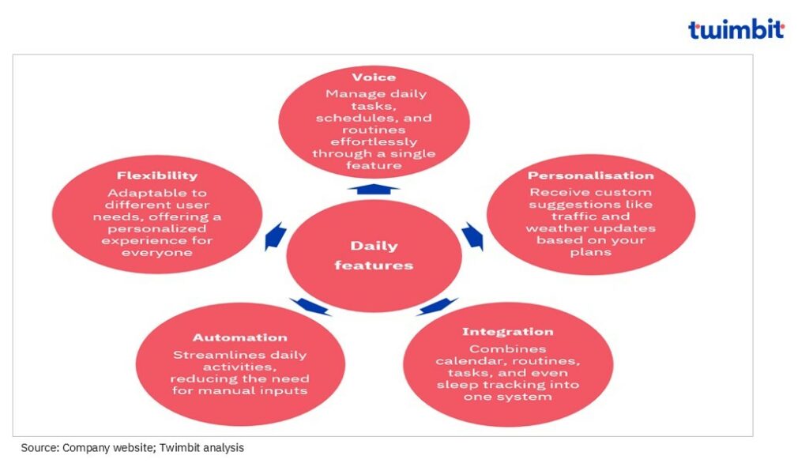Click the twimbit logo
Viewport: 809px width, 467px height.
click(736, 30)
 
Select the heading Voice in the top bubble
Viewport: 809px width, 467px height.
click(374, 77)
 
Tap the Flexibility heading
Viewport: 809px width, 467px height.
click(157, 175)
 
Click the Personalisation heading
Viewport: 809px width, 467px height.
click(591, 175)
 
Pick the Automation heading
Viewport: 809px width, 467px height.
click(240, 337)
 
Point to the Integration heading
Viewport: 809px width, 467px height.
click(508, 332)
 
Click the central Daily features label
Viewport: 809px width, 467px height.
click(374, 255)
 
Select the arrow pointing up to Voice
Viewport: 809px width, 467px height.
click(374, 188)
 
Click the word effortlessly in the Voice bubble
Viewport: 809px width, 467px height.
click(374, 141)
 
